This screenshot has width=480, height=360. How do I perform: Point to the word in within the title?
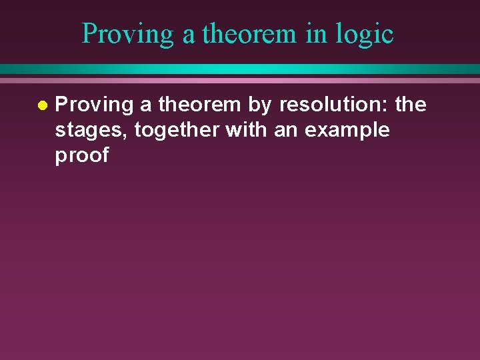(316, 33)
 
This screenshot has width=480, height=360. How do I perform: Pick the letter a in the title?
(189, 35)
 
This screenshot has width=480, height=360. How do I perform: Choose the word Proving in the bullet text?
(94, 105)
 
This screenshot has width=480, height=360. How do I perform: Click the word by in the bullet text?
(260, 105)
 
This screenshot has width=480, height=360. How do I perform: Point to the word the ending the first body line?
(411, 105)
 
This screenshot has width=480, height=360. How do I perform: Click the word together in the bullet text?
(177, 131)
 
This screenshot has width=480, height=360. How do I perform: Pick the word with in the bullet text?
(247, 130)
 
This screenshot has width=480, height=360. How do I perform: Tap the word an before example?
(286, 131)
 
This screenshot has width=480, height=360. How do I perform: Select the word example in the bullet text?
(347, 131)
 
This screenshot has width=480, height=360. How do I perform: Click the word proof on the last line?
(81, 156)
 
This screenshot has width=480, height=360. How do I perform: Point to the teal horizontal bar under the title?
(240, 69)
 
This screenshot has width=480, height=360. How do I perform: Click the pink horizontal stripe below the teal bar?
(240, 80)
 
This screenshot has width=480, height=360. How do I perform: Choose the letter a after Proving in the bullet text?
(145, 105)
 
